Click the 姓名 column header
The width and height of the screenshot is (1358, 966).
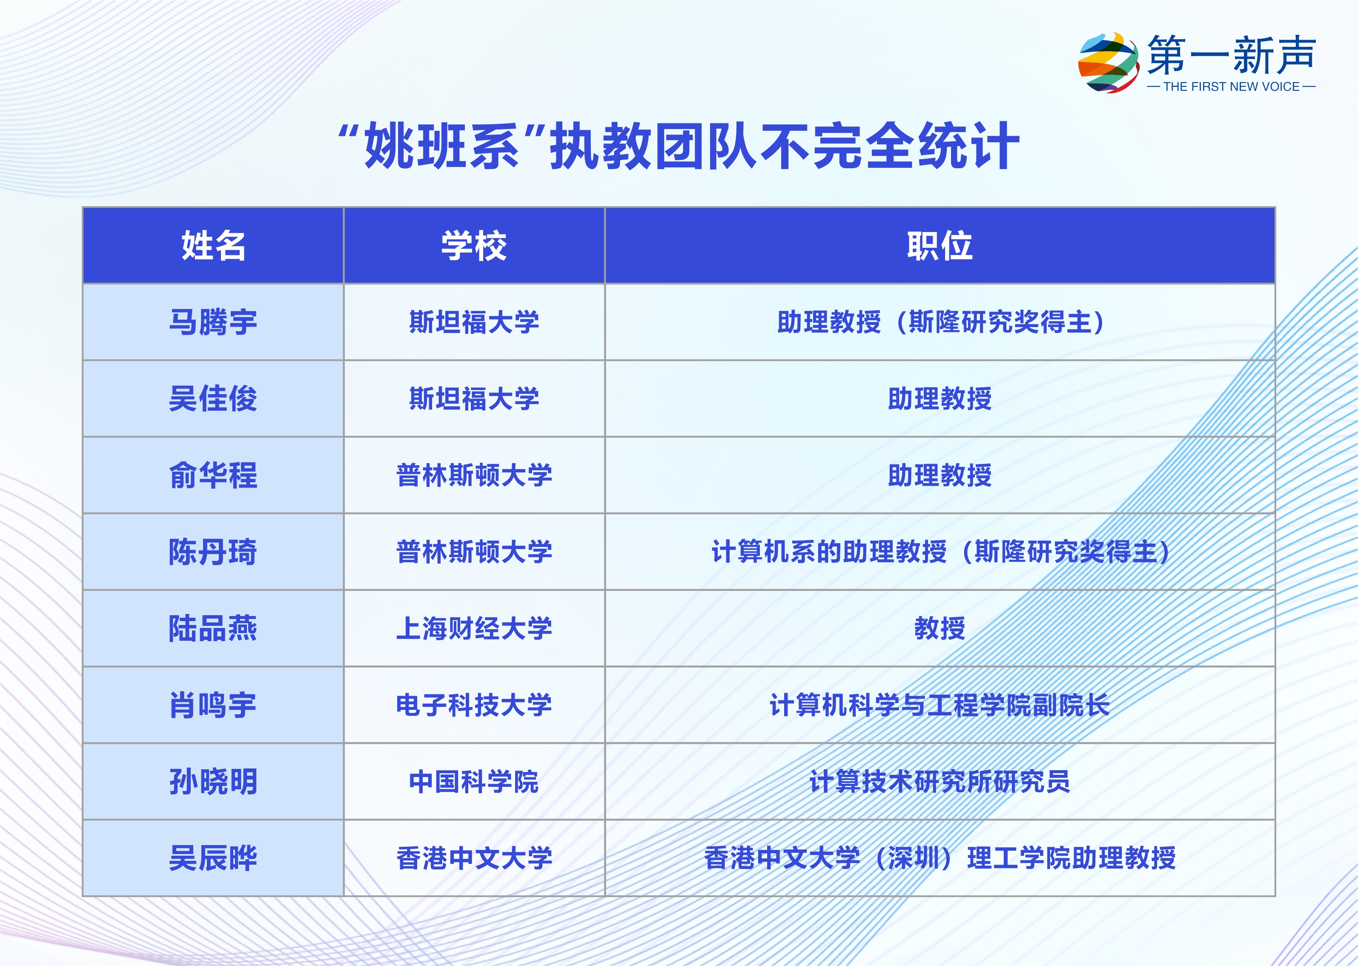click(213, 246)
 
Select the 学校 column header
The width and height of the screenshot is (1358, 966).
click(474, 246)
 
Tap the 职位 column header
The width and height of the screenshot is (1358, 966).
click(940, 246)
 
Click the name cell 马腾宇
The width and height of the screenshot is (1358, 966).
click(213, 322)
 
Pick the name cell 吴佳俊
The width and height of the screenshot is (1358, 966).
click(213, 398)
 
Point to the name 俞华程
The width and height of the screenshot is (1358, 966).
click(213, 475)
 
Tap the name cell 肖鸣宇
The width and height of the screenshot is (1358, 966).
click(213, 705)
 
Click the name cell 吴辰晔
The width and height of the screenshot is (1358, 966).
click(213, 858)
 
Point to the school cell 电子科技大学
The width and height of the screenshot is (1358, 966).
click(474, 705)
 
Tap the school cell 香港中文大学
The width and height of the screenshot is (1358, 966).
click(474, 858)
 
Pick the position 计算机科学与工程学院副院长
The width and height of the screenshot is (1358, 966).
click(940, 705)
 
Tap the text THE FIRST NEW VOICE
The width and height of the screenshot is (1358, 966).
click(1231, 87)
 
